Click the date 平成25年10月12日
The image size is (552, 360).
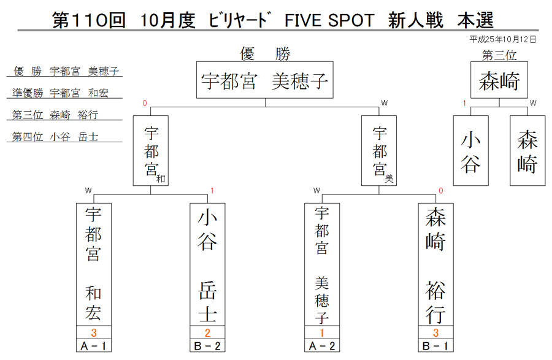pyautogui.click(x=503, y=39)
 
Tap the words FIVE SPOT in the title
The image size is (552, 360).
pyautogui.click(x=329, y=20)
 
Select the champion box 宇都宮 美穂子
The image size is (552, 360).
pyautogui.click(x=265, y=80)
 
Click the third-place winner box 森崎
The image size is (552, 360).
pyautogui.click(x=499, y=80)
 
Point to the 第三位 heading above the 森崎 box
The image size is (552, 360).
pyautogui.click(x=499, y=55)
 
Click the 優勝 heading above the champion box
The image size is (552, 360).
pyautogui.click(x=265, y=54)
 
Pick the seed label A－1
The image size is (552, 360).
pyautogui.click(x=94, y=346)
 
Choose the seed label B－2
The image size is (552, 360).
pyautogui.click(x=207, y=346)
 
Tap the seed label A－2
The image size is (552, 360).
pyautogui.click(x=322, y=346)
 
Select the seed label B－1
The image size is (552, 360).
pyautogui.click(x=436, y=346)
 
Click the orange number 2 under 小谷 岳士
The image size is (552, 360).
pyautogui.click(x=207, y=332)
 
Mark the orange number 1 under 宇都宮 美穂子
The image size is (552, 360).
pyautogui.click(x=322, y=332)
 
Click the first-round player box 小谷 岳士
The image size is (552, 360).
pyautogui.click(x=207, y=264)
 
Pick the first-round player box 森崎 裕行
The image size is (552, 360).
pyautogui.click(x=436, y=264)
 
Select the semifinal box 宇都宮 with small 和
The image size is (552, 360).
pyautogui.click(x=151, y=151)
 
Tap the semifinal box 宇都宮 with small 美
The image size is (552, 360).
pyautogui.click(x=379, y=151)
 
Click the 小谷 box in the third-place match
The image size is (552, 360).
pyautogui.click(x=470, y=151)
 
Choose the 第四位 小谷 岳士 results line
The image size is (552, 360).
pyautogui.click(x=55, y=137)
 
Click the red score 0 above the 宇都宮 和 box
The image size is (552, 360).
pyautogui.click(x=145, y=103)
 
